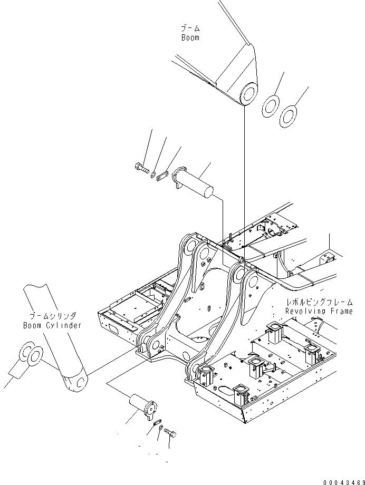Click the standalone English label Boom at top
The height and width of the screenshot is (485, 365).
click(190, 38)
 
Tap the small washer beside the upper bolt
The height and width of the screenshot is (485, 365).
click(153, 173)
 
